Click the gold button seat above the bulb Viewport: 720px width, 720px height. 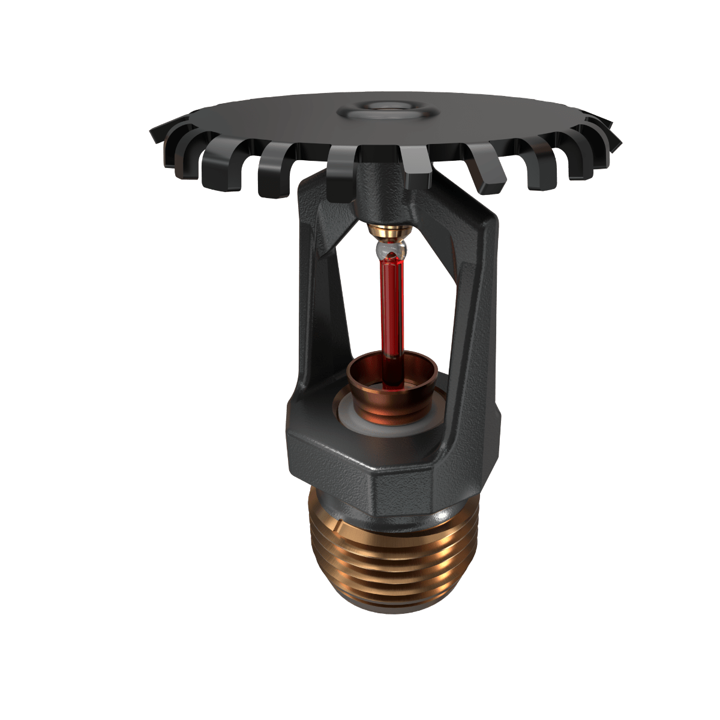click(389, 230)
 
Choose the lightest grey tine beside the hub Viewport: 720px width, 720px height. click(414, 168)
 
